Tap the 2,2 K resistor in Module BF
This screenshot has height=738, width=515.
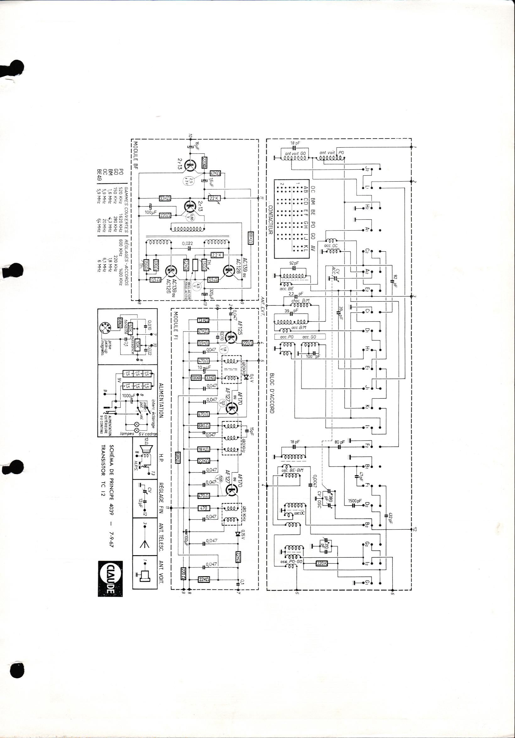[217, 255]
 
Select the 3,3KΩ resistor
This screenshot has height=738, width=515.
[165, 198]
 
